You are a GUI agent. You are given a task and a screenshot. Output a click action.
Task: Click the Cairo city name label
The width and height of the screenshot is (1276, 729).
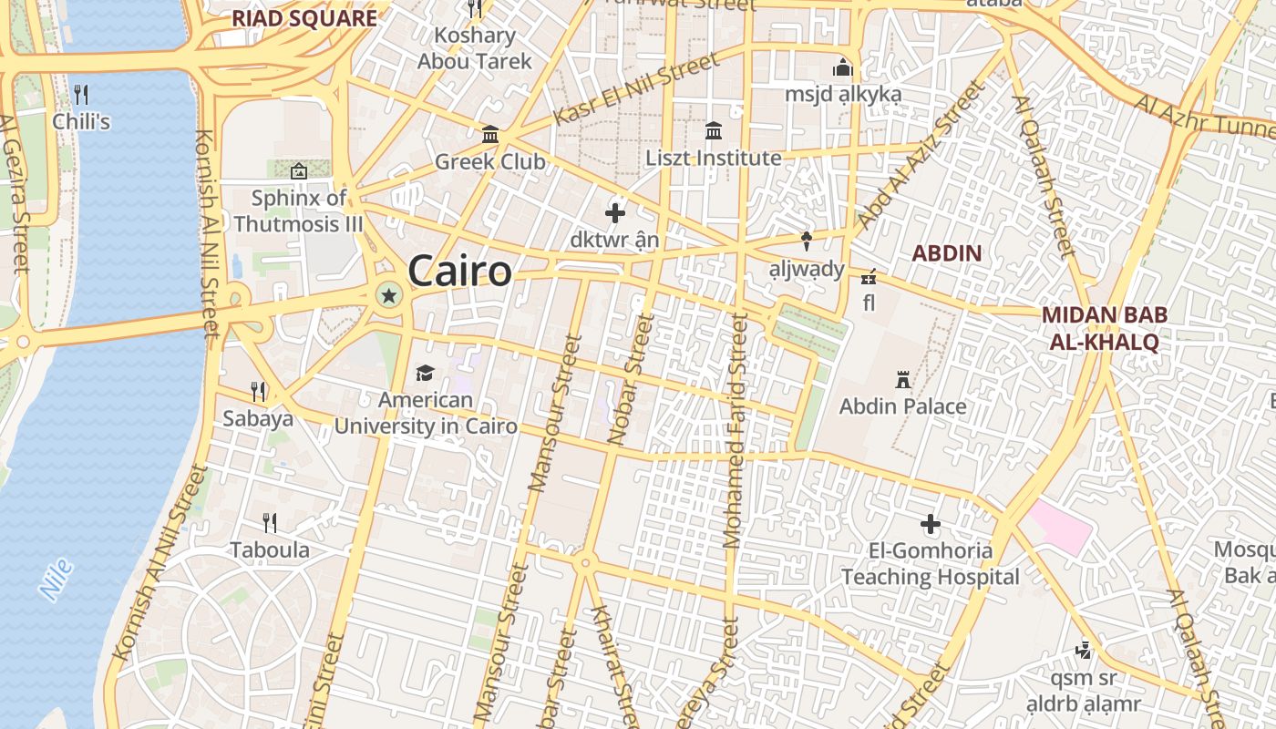459,271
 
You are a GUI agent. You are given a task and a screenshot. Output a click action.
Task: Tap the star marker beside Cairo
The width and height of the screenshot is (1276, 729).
389,294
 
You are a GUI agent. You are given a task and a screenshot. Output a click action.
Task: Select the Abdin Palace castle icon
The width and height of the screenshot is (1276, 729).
903,378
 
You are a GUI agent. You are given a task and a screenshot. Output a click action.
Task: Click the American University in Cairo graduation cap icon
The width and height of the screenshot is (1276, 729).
425,373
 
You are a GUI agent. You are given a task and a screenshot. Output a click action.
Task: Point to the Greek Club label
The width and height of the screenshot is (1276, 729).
489,161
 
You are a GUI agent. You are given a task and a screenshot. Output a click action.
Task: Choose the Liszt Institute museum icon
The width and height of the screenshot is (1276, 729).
714,130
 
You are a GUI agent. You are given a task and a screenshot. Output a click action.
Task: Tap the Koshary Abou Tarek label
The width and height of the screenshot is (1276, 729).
475,48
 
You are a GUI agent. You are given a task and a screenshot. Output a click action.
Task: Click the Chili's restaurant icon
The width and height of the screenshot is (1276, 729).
81,94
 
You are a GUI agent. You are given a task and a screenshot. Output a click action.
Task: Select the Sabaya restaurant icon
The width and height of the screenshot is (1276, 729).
259,392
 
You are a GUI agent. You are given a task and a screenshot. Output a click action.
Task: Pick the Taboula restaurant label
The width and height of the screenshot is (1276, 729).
270,549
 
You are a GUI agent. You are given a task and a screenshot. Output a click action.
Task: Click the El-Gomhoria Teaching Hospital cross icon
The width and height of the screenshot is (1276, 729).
930,524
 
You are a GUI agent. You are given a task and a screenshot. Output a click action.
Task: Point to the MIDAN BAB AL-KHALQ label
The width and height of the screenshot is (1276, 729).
1104,329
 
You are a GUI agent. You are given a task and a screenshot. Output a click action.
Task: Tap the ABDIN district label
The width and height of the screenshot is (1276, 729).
947,253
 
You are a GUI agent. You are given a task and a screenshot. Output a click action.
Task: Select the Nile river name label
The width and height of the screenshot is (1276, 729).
57,580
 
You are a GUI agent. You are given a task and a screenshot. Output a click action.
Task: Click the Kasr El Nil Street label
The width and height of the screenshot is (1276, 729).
635,89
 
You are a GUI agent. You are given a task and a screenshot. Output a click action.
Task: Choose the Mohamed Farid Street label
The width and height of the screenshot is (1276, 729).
735,433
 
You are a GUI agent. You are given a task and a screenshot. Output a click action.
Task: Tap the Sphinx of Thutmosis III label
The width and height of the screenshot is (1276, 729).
299,210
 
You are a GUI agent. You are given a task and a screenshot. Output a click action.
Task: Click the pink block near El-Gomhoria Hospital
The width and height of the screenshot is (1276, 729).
1060,527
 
